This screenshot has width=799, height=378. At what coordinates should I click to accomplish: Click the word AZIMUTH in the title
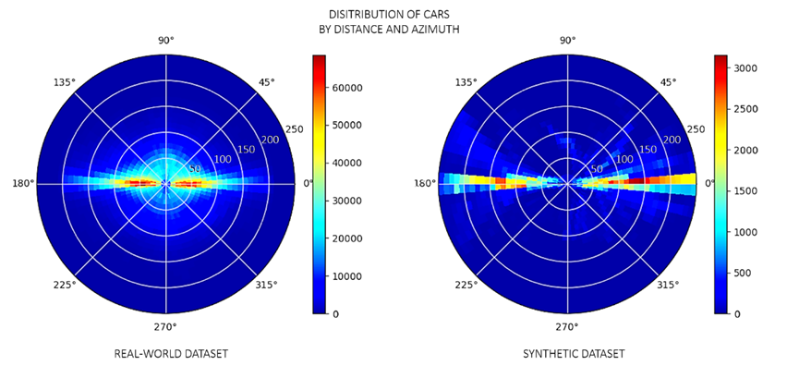tap(434, 30)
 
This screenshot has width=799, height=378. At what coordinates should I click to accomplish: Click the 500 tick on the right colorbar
tap(747, 273)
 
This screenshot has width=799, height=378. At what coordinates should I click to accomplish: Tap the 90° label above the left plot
tap(166, 40)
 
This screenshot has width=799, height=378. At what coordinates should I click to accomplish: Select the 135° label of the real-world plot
tap(64, 82)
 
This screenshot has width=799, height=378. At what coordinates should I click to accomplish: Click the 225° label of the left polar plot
tap(64, 285)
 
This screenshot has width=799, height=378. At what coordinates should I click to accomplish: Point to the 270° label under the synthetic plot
tap(567, 327)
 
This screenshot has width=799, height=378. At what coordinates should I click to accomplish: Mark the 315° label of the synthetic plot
tap(670, 285)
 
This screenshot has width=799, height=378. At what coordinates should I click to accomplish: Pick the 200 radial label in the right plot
tap(672, 140)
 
